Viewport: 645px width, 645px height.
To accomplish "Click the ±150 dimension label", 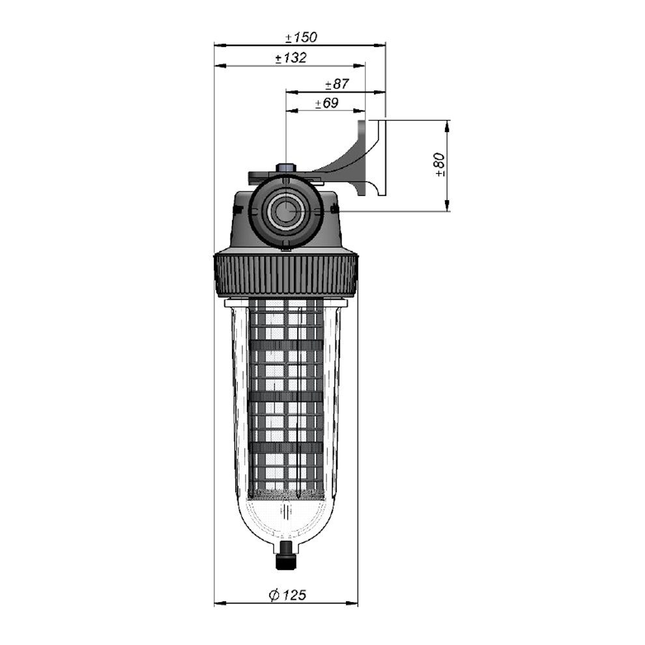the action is pyautogui.click(x=302, y=37).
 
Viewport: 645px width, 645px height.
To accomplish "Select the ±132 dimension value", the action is pyautogui.click(x=291, y=58).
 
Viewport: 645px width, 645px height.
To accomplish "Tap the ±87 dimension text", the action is pyautogui.click(x=337, y=84).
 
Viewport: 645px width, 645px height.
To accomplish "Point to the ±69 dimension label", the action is pyautogui.click(x=327, y=103).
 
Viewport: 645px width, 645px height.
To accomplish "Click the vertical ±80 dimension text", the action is pyautogui.click(x=440, y=164).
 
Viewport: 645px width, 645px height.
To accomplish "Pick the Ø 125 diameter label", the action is pyautogui.click(x=287, y=595).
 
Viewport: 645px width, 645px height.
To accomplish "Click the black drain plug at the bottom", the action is pyautogui.click(x=285, y=555).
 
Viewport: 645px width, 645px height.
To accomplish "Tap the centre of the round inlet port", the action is pyautogui.click(x=285, y=210).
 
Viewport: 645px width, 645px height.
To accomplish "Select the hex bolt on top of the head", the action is pyautogui.click(x=286, y=168).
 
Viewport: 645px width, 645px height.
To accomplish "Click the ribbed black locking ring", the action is pyautogui.click(x=286, y=276).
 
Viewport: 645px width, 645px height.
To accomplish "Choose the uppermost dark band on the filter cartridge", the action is pyautogui.click(x=286, y=345).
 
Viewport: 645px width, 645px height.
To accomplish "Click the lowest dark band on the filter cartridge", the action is pyautogui.click(x=286, y=448).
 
